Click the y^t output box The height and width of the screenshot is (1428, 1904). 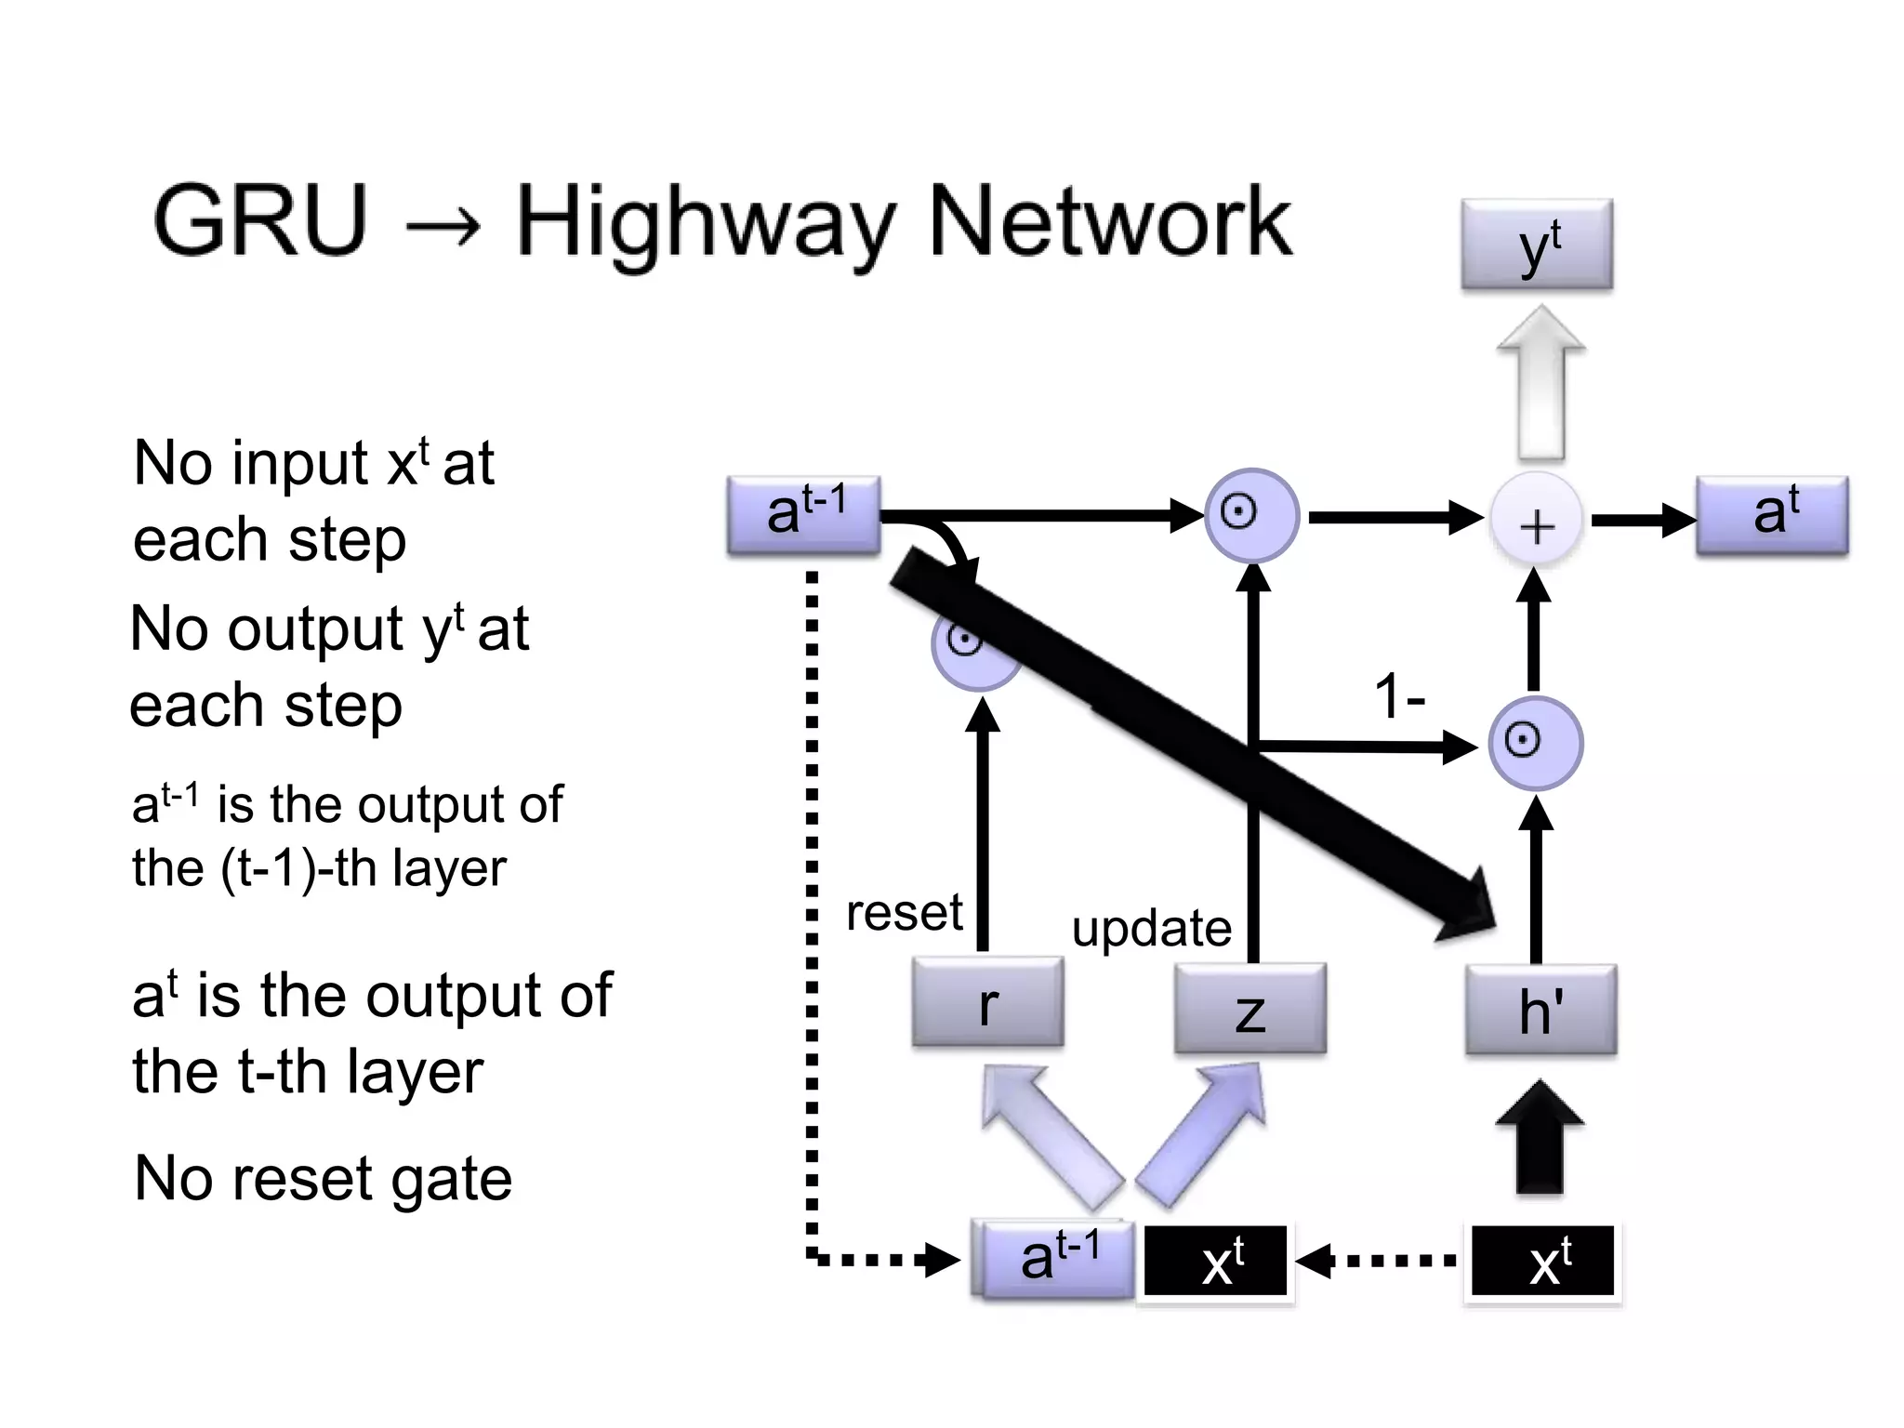point(1536,245)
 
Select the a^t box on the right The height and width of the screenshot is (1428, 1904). point(1772,515)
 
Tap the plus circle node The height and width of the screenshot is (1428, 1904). point(1536,522)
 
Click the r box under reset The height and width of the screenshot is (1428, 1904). point(987,1003)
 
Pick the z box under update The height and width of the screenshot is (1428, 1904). point(1249,1008)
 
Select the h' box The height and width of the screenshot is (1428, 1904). point(1540,1010)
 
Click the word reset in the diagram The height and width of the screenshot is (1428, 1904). point(904,912)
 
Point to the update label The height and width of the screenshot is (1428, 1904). point(1151,928)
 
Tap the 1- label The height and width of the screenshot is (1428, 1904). point(1399,696)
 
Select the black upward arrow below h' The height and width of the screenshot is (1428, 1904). point(1540,1138)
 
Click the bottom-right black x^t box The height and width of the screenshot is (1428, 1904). point(1543,1261)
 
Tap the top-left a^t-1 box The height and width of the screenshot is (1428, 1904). point(804,515)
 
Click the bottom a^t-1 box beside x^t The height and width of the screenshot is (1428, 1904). point(1056,1259)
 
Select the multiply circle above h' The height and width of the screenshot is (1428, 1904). point(1534,742)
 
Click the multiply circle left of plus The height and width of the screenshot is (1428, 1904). point(1251,514)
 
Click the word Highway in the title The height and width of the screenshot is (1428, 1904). point(705,223)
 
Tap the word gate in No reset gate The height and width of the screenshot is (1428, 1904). point(450,1179)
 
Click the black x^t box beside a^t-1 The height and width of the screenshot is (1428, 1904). point(1216,1261)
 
